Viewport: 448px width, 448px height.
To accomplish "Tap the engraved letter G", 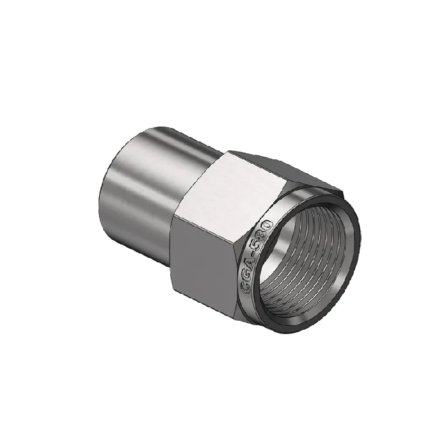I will click(246, 276).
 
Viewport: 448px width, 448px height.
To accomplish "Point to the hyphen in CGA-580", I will click(252, 255).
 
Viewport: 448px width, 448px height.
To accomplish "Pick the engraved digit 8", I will click(262, 235).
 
